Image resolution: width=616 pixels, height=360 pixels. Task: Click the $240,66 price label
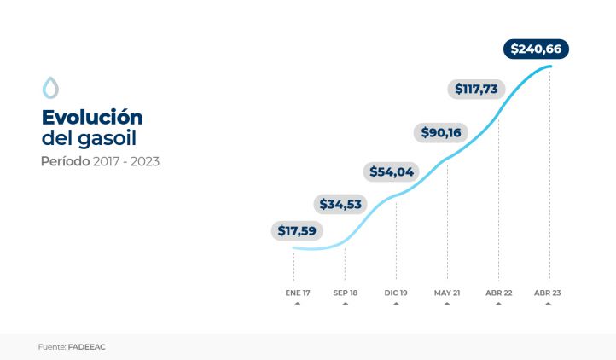point(536,49)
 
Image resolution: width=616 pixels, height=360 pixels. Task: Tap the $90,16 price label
point(441,132)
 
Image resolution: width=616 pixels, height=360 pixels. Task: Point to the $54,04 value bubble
point(392,171)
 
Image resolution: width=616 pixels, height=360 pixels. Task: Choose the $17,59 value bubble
point(298,230)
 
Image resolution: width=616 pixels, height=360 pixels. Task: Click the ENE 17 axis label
point(298,293)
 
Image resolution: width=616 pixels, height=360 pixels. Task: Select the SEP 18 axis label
point(346,293)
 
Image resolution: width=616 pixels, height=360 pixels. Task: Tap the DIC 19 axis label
point(397,293)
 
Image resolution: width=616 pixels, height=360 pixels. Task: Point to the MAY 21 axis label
point(447,293)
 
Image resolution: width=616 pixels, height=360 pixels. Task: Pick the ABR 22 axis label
point(499,293)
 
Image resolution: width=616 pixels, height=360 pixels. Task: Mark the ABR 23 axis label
point(548,293)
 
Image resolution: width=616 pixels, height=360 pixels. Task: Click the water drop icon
point(50,87)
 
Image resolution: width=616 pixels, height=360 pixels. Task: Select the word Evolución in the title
point(92,117)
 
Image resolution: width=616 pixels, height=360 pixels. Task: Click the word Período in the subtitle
point(65,160)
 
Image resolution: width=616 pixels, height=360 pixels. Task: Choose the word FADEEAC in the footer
point(87,347)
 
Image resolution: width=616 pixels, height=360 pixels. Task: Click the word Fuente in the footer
point(51,347)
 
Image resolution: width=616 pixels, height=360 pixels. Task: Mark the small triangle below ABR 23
point(548,303)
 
